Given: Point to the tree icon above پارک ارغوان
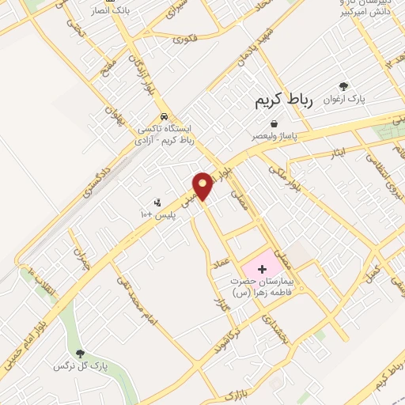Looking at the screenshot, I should pyautogui.click(x=343, y=86).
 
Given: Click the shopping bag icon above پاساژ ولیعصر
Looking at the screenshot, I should pyautogui.click(x=274, y=123).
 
